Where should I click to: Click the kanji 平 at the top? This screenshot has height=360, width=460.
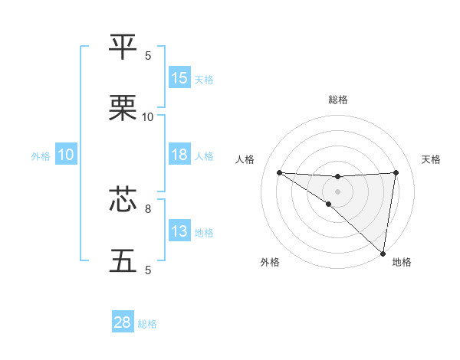point(123,47)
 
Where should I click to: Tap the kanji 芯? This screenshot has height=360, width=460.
point(123,199)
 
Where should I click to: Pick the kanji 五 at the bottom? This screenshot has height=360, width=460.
point(123,260)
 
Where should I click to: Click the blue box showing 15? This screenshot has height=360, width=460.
point(179,78)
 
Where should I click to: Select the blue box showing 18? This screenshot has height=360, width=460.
point(179,155)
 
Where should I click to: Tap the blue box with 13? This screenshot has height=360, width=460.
point(179,231)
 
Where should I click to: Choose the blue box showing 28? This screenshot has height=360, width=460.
point(123,322)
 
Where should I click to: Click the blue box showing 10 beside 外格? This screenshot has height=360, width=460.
point(66,155)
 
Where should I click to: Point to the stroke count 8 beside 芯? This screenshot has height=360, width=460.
point(148,208)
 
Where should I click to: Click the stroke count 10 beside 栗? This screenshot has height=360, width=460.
point(148,116)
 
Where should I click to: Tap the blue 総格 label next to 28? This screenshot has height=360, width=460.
point(147,324)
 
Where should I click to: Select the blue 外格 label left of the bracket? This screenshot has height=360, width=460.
point(41,155)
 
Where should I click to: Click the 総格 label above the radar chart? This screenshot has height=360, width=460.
point(337,100)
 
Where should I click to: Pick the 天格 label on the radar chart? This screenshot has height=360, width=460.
point(431,159)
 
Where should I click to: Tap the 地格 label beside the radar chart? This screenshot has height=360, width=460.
point(402,262)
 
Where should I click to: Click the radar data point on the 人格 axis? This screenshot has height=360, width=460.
point(279,172)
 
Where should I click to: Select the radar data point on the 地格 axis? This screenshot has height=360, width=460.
point(383,254)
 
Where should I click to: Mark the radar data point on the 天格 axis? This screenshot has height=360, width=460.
point(396,172)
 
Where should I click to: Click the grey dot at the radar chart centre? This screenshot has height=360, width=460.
point(337,191)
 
